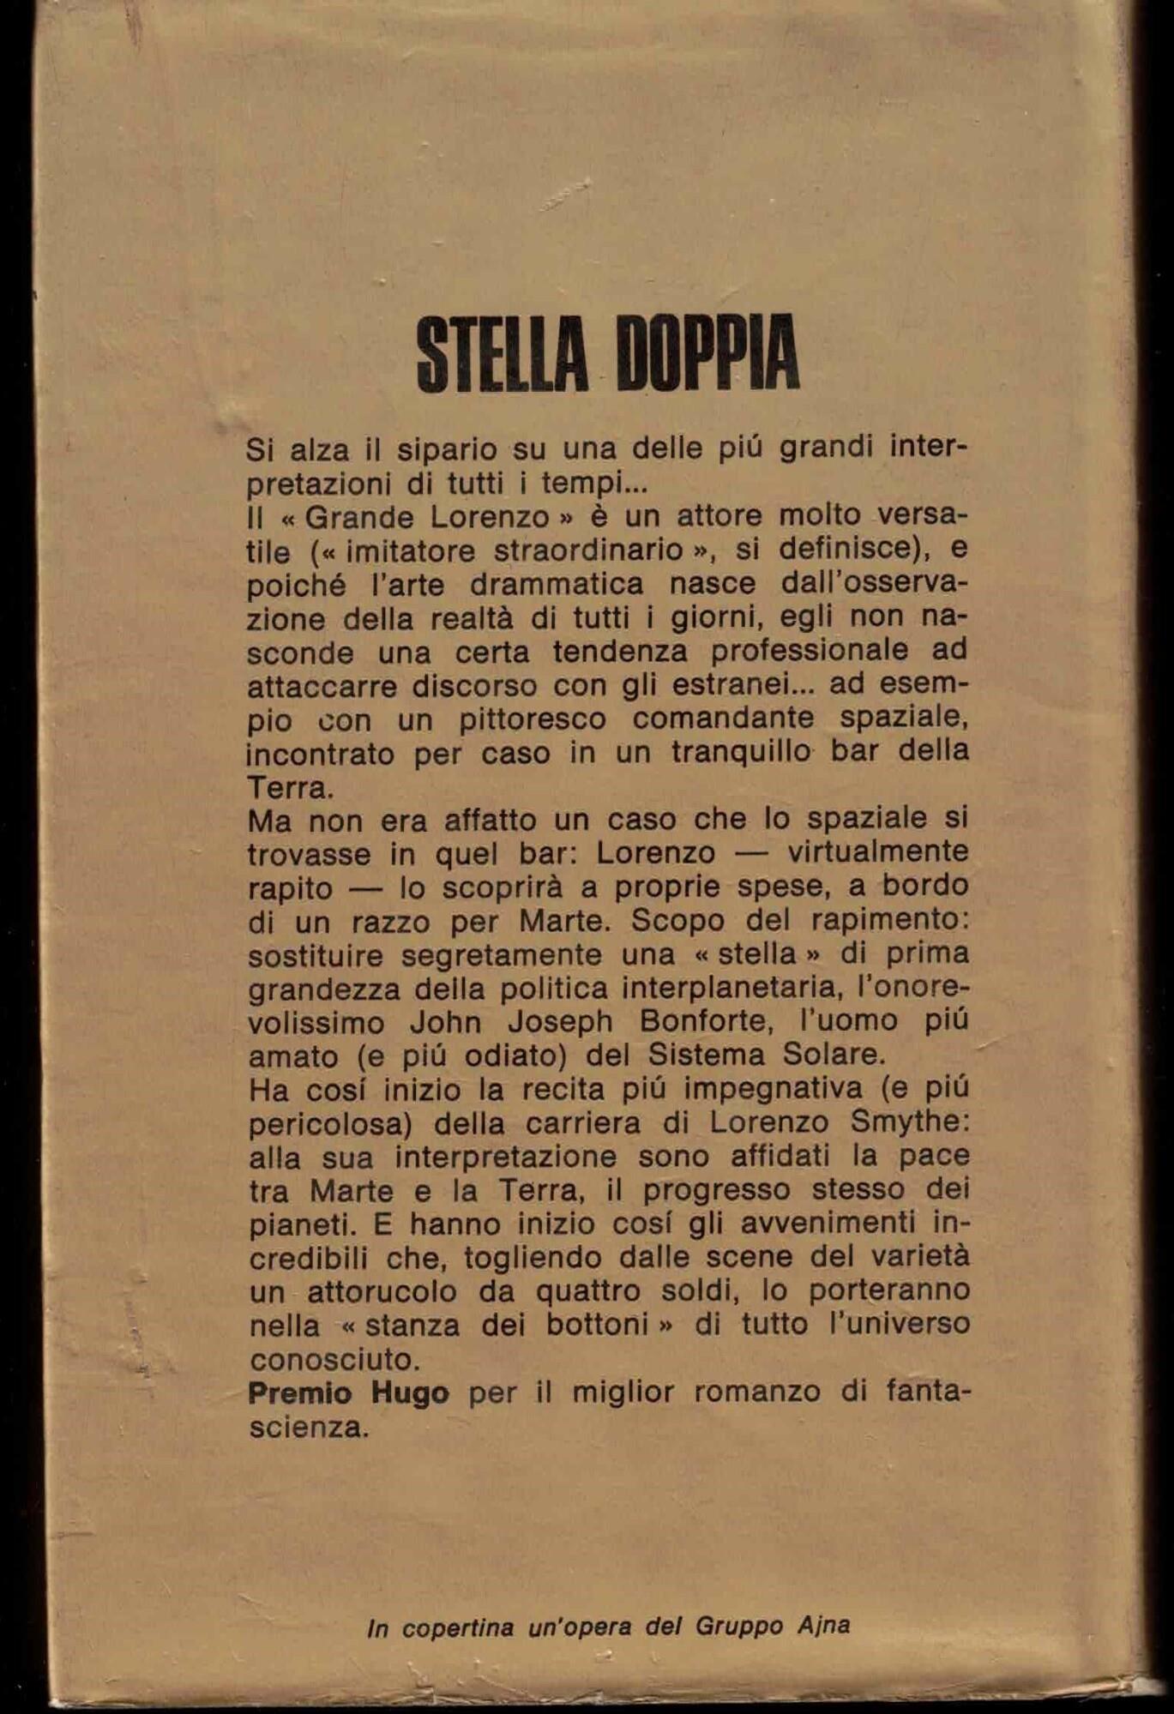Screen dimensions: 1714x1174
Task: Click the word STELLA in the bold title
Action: coord(503,353)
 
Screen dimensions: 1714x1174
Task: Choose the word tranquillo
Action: coord(740,752)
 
